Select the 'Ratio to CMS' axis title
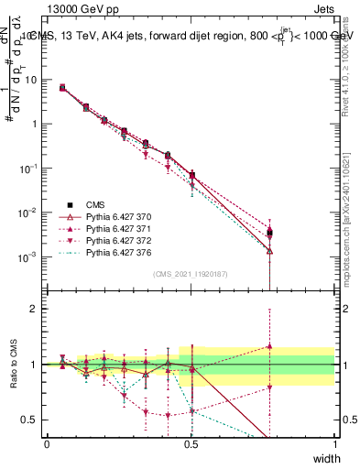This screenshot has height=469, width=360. pyautogui.click(x=16, y=365)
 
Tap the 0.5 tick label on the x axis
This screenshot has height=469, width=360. pyautogui.click(x=191, y=443)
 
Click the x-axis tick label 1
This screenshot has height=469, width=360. pyautogui.click(x=334, y=443)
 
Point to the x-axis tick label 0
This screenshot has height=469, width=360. pyautogui.click(x=48, y=443)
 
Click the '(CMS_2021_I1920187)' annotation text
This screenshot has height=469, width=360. pyautogui.click(x=191, y=274)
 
